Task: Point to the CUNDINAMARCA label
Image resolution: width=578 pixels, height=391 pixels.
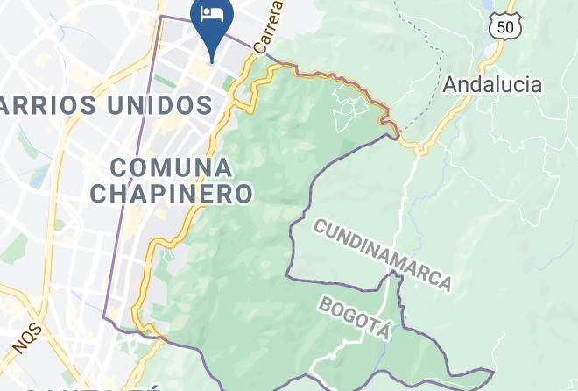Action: pos(382,255)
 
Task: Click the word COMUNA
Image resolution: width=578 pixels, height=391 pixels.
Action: pos(172,167)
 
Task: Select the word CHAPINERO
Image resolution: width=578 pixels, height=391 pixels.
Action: pos(172,193)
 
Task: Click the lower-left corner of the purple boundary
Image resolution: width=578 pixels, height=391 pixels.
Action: pos(106,317)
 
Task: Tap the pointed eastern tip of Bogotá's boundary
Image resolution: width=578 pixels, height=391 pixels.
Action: pos(493,373)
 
